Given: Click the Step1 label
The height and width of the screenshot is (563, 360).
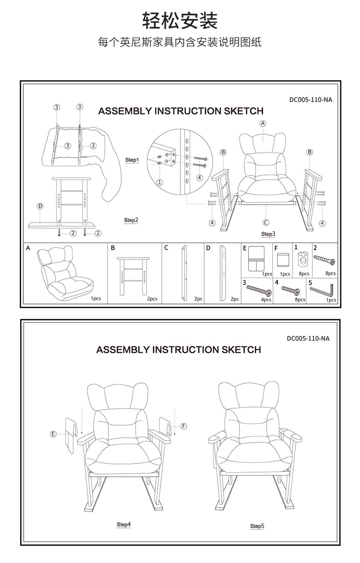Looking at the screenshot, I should (x=132, y=160).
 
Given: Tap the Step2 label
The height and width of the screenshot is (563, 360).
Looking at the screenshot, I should (x=131, y=220).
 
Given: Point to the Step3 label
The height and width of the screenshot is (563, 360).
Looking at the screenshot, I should (x=268, y=234).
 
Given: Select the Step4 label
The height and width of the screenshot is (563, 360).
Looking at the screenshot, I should (x=123, y=525).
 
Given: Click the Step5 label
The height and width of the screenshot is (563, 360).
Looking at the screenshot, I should (x=257, y=526).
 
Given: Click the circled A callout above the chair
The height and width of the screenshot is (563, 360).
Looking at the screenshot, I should (x=263, y=123).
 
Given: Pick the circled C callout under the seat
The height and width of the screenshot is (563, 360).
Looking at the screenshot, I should (x=266, y=222).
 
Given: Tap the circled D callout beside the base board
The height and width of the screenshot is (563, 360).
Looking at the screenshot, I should (x=40, y=206).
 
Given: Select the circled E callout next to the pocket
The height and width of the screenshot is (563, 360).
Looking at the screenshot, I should (x=53, y=434).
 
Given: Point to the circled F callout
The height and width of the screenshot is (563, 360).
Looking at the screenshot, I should (x=184, y=426).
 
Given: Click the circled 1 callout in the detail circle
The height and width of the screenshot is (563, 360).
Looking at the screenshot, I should (x=160, y=182).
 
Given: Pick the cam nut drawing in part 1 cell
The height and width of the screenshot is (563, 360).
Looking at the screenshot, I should (x=301, y=261).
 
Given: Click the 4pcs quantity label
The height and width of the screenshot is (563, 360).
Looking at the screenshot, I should (x=266, y=300).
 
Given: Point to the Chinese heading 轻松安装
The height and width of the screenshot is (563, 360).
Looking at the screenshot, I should (x=180, y=21).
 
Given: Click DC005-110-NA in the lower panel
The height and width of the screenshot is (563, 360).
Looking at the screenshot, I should (x=308, y=338).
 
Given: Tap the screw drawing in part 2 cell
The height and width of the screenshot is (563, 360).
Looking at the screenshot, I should (x=325, y=261).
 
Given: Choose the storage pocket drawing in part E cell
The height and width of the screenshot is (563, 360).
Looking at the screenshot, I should (x=257, y=259).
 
